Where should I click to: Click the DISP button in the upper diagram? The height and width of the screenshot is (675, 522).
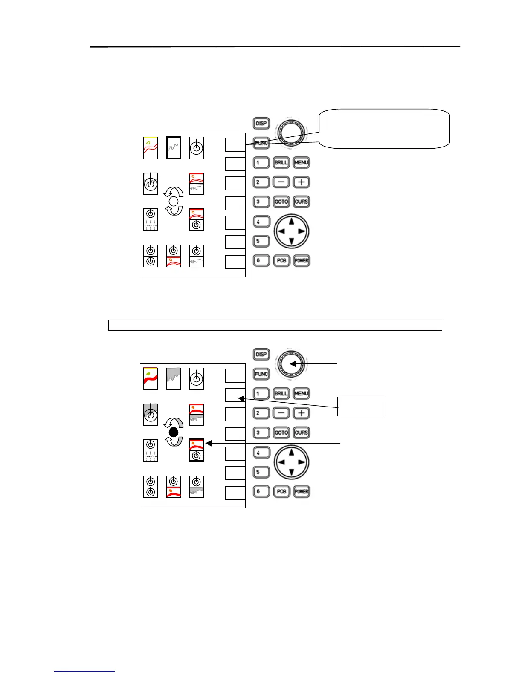(261, 124)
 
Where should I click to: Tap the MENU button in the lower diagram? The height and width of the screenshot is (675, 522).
(302, 393)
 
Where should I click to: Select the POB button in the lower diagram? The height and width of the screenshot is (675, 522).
(281, 491)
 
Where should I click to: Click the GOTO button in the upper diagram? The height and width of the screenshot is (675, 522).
(281, 202)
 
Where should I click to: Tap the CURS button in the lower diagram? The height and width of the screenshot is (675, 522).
(302, 433)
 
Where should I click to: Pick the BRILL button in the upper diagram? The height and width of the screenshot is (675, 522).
(281, 162)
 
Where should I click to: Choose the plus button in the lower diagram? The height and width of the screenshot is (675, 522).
(302, 413)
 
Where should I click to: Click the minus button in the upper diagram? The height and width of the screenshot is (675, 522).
(281, 182)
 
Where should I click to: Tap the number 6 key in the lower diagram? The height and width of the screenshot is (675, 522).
(261, 491)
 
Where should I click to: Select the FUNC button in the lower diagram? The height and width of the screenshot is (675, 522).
(261, 374)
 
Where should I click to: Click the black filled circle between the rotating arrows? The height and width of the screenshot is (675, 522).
(174, 432)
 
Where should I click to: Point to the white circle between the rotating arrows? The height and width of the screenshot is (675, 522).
(174, 201)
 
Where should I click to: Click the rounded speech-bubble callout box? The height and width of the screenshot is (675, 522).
(384, 129)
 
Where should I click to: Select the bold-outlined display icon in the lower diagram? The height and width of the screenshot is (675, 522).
(196, 450)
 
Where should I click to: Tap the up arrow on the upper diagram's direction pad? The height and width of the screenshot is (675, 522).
(291, 221)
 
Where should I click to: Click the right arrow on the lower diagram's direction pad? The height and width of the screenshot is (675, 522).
(302, 462)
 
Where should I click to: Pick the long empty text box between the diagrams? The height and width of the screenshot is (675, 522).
(275, 325)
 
